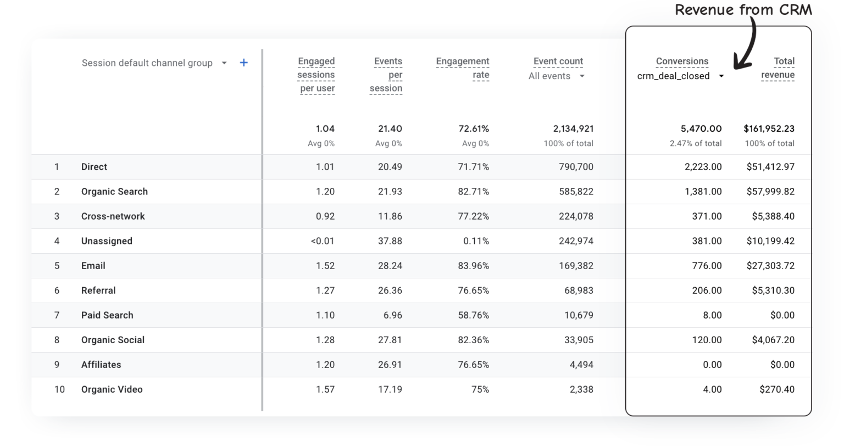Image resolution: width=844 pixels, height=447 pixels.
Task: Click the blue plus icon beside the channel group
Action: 244,63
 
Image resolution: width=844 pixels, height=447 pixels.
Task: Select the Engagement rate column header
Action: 463,68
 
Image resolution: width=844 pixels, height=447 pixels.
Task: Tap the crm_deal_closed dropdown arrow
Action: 721,76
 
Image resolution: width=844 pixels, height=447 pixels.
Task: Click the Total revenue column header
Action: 778,68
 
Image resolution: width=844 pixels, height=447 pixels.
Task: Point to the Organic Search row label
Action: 114,192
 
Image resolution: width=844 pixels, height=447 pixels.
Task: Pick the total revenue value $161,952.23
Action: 769,128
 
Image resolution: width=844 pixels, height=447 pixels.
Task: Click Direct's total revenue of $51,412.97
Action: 770,167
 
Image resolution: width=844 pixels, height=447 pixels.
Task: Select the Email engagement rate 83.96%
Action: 473,266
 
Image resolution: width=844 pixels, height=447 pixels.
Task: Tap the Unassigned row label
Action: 107,241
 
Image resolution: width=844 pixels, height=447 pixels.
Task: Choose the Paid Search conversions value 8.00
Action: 712,315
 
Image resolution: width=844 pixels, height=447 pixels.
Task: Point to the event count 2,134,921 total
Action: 573,128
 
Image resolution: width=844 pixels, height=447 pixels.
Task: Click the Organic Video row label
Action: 112,389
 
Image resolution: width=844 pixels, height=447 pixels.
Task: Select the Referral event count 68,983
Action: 579,290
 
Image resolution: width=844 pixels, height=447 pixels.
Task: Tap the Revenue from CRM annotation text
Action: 743,10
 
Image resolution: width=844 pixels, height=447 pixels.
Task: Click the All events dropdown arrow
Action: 582,76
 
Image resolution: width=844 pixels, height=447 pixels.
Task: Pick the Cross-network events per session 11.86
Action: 390,216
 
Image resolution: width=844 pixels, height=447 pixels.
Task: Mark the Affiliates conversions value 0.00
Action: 712,365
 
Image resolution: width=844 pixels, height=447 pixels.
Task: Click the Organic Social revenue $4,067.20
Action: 773,340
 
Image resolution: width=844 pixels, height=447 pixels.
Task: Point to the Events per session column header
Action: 387,75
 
